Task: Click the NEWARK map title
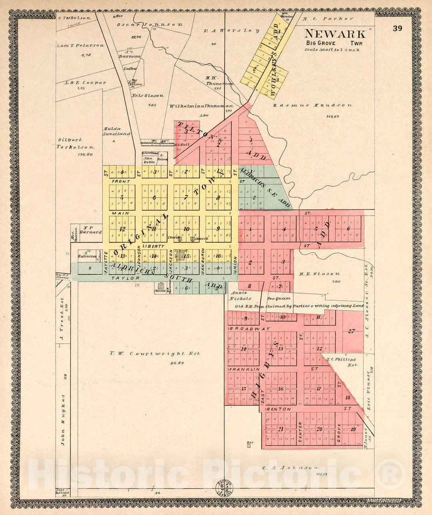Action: (x=335, y=34)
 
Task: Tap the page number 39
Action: (x=397, y=28)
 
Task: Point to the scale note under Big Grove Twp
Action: (x=332, y=50)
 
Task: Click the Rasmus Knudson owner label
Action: (x=312, y=106)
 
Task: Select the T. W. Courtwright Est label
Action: (x=155, y=353)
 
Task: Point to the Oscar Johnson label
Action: (x=150, y=24)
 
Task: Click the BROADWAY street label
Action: (x=244, y=329)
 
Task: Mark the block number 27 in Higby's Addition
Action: (x=351, y=331)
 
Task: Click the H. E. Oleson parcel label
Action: (x=320, y=274)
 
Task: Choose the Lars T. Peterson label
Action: (x=80, y=46)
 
